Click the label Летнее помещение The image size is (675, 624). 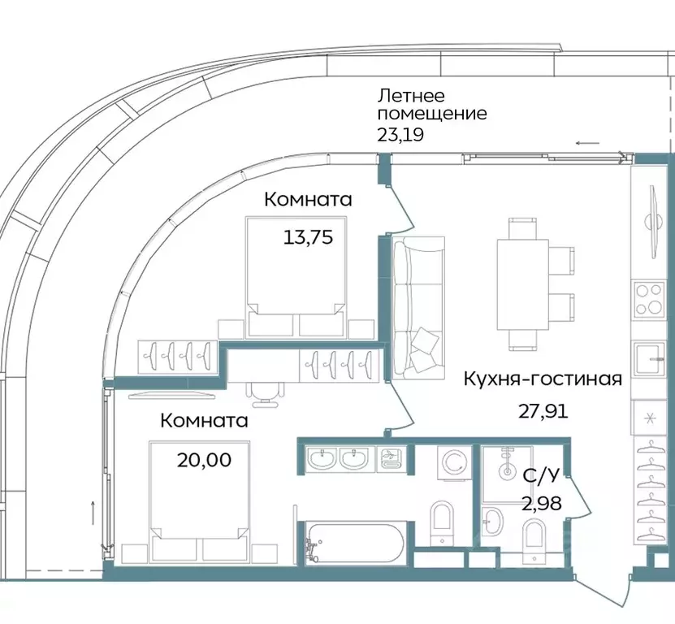pos(431,104)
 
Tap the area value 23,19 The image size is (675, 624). pos(400,135)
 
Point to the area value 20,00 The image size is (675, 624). pos(204,460)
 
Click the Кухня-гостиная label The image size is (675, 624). pos(543,379)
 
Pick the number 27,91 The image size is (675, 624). pos(543,410)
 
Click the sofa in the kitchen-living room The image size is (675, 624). pos(418,308)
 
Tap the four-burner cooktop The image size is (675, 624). pos(650,299)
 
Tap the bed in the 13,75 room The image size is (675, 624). pos(293,276)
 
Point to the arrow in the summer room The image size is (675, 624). pos(588,143)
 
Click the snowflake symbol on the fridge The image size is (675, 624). pos(650,418)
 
